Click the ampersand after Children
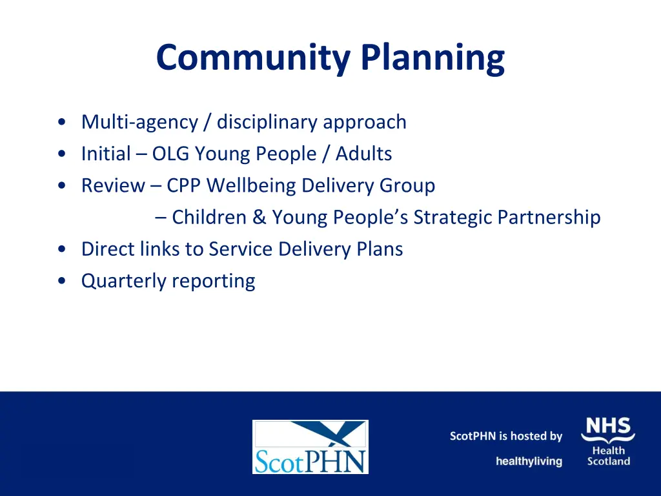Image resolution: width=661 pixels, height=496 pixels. tap(259, 217)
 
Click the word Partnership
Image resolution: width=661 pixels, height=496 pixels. tap(549, 217)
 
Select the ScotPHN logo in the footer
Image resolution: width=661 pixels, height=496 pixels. tap(310, 447)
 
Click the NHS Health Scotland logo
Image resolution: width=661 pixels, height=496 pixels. tap(608, 441)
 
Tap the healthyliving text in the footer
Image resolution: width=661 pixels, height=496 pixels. tap(529, 461)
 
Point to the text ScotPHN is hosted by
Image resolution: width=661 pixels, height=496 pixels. tap(506, 437)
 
